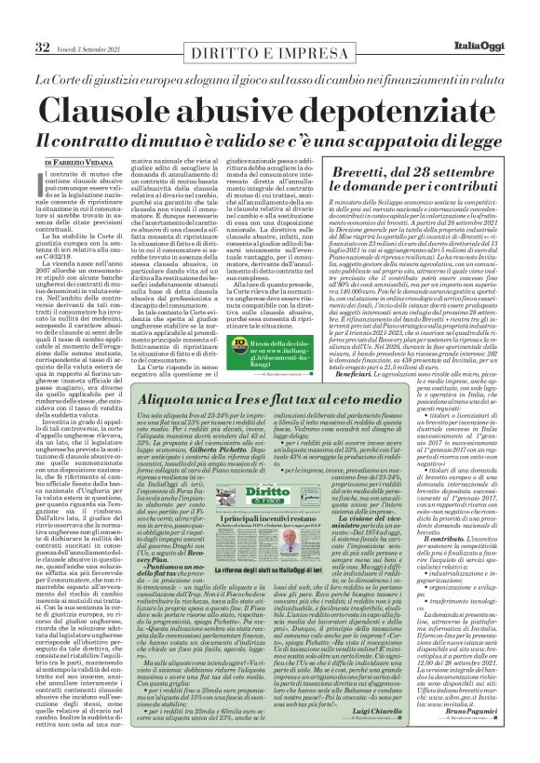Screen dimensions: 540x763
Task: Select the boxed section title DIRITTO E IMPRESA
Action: (240, 20)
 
